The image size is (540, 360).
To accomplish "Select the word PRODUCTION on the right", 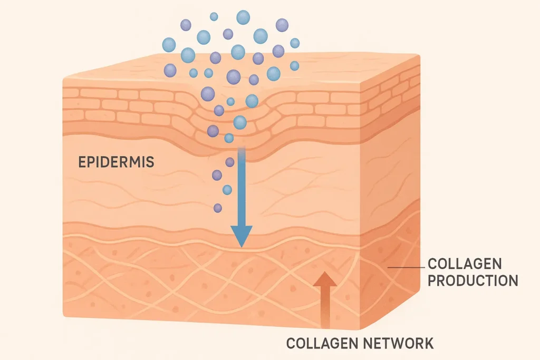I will [x=472, y=280].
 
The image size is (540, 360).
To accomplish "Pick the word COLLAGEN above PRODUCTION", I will [x=465, y=264].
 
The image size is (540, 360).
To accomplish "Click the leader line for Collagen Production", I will [x=406, y=268].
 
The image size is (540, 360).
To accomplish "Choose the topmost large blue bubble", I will [x=243, y=17].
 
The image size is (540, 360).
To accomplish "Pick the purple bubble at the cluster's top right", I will [x=282, y=25].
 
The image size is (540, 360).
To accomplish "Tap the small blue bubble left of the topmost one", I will [x=214, y=16].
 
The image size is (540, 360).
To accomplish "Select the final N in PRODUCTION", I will [x=512, y=280].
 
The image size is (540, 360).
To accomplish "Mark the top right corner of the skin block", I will [x=420, y=55].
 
